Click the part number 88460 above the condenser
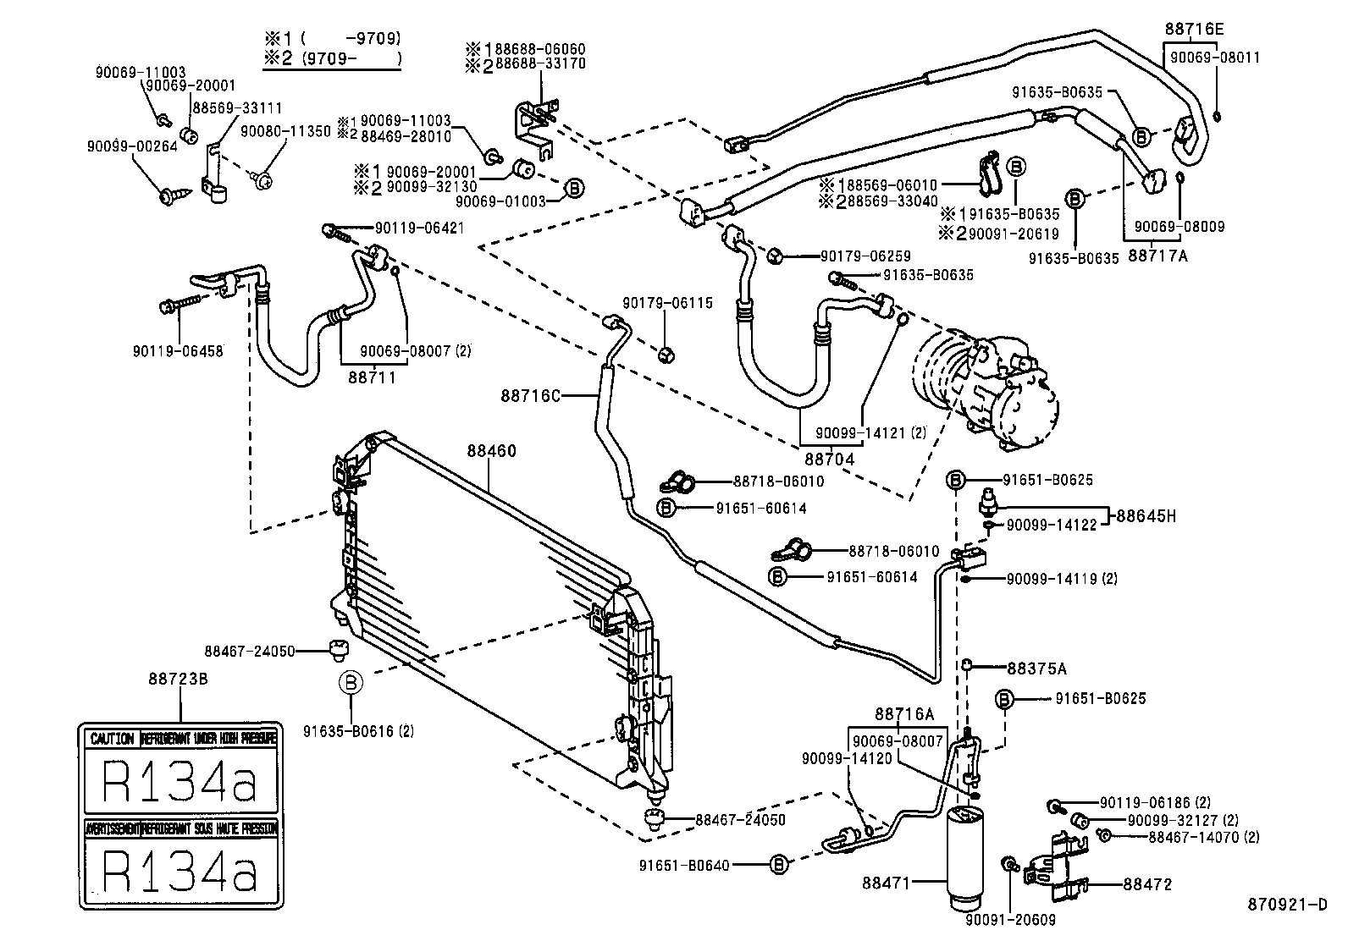pos(491,452)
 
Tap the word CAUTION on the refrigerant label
pos(112,739)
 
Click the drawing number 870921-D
pos(1287,905)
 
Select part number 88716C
pos(532,395)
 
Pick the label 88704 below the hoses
pos(829,459)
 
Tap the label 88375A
pos(1036,669)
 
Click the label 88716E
pos(1194,29)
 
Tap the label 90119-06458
pos(178,350)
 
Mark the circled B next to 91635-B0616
pos(351,682)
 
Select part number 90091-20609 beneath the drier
pos(1010,920)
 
